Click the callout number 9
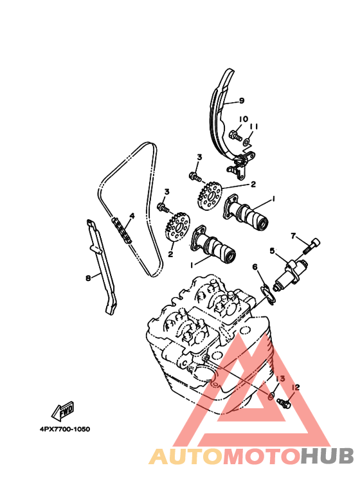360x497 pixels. (x=242, y=101)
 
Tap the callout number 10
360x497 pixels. (x=243, y=119)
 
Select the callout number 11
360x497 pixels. (x=254, y=127)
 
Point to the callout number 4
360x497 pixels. (x=132, y=216)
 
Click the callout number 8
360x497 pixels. (x=88, y=278)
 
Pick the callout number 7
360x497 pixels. (x=293, y=236)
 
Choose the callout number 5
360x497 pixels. (x=272, y=251)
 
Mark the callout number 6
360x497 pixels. (x=255, y=267)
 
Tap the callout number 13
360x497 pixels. (x=280, y=379)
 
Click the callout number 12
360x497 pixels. (x=296, y=387)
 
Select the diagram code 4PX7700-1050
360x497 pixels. (x=65, y=429)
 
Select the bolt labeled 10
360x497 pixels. (x=235, y=136)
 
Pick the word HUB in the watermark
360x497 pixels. (x=327, y=456)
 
